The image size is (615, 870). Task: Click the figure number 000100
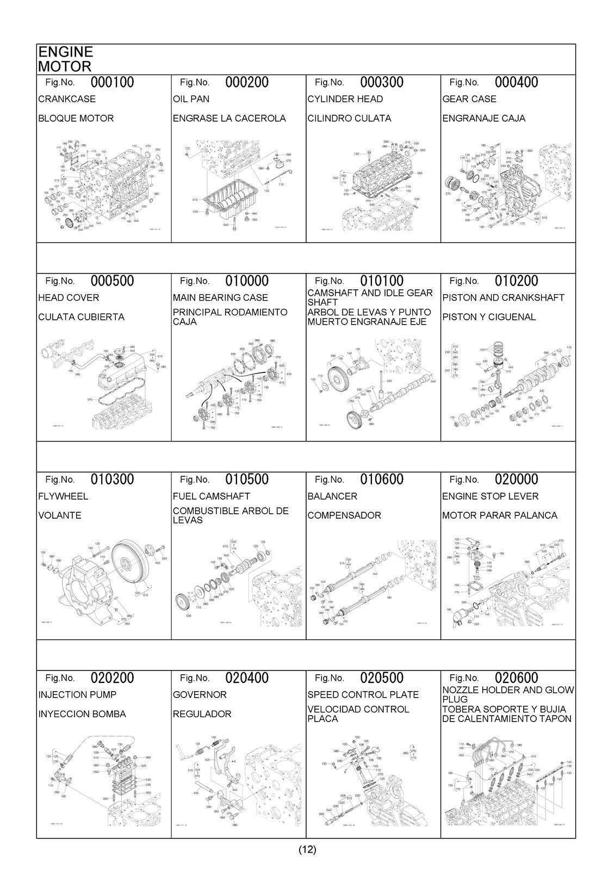click(x=112, y=83)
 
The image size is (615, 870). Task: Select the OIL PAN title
click(x=191, y=99)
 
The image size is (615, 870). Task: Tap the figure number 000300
click(x=382, y=83)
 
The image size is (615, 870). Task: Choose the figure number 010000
click(x=247, y=281)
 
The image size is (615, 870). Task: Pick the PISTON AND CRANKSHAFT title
click(x=503, y=297)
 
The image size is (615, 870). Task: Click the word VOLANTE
click(x=60, y=515)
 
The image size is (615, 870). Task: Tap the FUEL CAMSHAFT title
click(x=211, y=496)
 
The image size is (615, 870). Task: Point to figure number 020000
click(x=516, y=480)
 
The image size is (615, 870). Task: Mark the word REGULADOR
click(x=202, y=714)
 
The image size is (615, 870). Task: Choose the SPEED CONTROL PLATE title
click(x=363, y=695)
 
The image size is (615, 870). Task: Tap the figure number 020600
click(x=516, y=678)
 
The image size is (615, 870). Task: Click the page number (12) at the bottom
click(x=307, y=849)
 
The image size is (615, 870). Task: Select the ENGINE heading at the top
click(x=65, y=52)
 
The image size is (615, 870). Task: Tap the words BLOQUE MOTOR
click(x=76, y=119)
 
